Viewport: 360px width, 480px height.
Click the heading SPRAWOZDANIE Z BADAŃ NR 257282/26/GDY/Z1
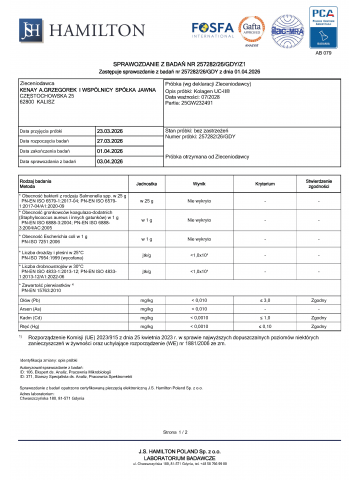coord(180,74)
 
